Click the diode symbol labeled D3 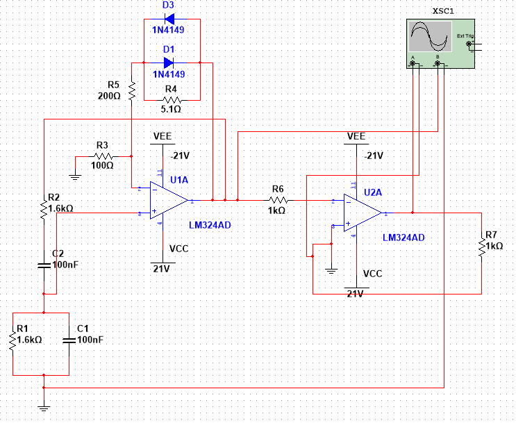[x=167, y=20]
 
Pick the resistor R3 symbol [x=103, y=156]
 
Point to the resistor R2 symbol [x=44, y=207]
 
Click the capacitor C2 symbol [x=44, y=265]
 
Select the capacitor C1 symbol [x=69, y=340]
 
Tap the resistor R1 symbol [x=12, y=340]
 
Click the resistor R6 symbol [x=278, y=200]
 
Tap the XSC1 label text [x=443, y=12]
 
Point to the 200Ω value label [x=110, y=96]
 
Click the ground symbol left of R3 [x=76, y=176]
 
